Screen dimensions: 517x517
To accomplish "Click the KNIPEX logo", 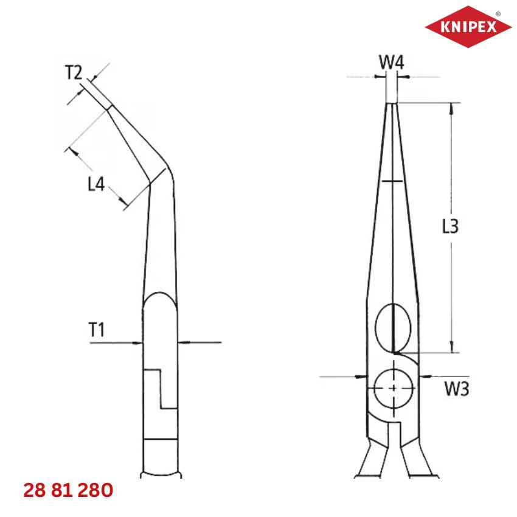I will [x=469, y=27].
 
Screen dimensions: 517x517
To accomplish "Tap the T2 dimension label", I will [x=74, y=73].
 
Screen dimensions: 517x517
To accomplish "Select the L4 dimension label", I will [x=97, y=184].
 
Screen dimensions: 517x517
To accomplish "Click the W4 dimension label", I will [x=392, y=61].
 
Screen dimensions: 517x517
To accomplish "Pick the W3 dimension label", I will [x=456, y=389].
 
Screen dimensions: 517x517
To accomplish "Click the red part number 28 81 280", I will [x=68, y=490].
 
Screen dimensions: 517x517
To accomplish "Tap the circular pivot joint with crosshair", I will [x=394, y=388].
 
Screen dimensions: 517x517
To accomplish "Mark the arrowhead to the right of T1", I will [x=182, y=342].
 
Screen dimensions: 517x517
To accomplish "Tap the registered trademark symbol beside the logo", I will [x=499, y=13].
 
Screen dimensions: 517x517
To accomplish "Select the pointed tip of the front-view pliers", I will [x=392, y=104].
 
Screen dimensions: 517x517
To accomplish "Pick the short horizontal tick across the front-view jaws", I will [x=392, y=181].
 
